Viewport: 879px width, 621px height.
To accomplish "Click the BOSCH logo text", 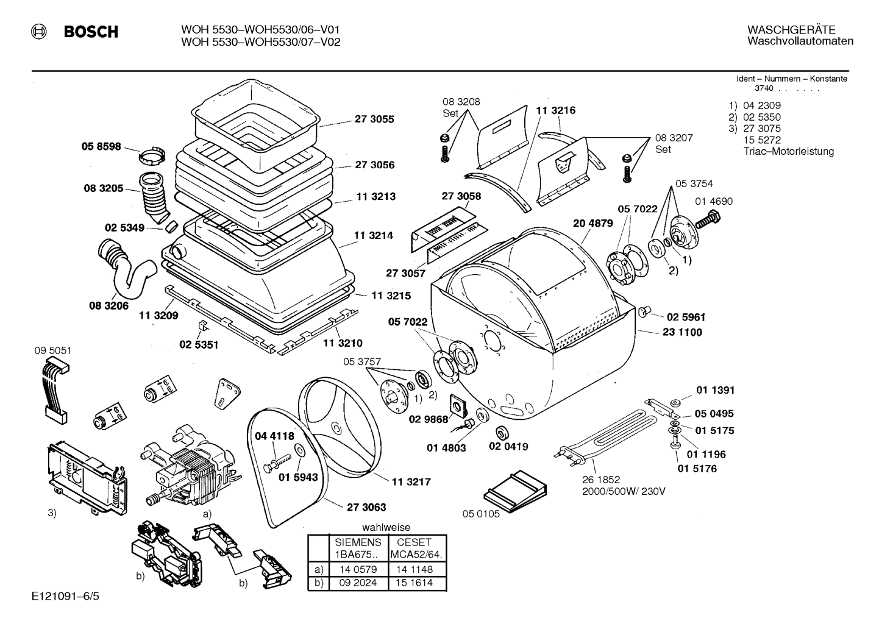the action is click(91, 31).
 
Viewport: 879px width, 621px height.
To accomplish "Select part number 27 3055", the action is click(374, 119).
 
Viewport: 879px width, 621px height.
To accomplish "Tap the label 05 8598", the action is click(101, 147).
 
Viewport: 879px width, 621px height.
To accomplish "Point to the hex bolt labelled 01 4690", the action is click(708, 219).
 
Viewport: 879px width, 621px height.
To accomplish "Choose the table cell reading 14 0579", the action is click(358, 569).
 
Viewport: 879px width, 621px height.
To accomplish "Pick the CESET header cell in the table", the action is click(414, 542).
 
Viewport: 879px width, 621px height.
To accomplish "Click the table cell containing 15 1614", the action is click(414, 583).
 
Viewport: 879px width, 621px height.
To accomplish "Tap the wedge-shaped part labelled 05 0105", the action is click(514, 491).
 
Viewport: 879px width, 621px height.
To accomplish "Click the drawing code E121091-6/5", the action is click(66, 597).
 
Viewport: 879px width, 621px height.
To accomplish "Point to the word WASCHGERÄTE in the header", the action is click(791, 30).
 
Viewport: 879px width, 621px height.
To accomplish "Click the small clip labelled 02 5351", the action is click(203, 325).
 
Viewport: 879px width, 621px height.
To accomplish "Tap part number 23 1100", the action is click(682, 332).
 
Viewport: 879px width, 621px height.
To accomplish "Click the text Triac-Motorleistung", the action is click(788, 151).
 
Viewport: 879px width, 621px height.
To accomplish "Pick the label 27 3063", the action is click(366, 507).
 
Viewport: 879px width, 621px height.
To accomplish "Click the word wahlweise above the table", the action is click(386, 527).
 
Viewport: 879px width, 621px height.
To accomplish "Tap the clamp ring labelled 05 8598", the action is click(152, 156).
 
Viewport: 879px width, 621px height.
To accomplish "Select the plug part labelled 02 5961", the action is click(644, 312).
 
